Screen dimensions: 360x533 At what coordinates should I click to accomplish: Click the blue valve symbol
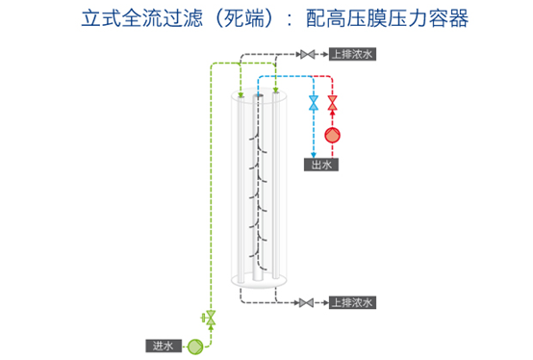313,103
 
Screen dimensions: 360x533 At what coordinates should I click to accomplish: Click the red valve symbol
332,103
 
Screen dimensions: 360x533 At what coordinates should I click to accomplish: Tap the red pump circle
332,135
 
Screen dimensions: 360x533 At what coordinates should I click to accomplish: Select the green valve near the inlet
210,318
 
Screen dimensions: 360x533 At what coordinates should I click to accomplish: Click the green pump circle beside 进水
194,346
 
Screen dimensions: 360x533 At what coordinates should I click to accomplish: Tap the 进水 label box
161,346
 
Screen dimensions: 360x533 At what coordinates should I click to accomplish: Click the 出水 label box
319,165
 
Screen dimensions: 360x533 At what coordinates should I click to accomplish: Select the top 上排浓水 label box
351,55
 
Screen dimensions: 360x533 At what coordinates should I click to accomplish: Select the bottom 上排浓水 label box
351,303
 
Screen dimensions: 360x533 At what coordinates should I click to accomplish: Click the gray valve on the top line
305,55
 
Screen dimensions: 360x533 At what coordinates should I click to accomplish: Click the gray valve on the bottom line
305,303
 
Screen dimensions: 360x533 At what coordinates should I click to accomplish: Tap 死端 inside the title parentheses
254,18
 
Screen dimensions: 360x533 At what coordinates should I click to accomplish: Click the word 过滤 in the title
192,18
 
